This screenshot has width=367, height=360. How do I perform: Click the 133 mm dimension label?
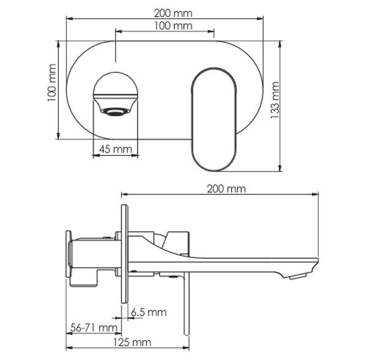click(275, 100)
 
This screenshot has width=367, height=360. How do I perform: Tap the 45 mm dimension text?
click(116, 149)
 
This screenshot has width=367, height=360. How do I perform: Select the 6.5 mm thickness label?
click(149, 312)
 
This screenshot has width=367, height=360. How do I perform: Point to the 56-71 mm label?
click(94, 327)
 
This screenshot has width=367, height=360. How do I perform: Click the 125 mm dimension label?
click(132, 343)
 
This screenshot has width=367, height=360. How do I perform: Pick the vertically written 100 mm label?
click(52, 83)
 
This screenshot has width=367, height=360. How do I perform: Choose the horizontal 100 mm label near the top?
click(173, 26)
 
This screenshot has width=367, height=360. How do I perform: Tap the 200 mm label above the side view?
click(226, 189)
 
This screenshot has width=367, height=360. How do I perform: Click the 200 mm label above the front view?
click(173, 13)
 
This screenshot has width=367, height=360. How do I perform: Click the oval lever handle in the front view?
click(213, 119)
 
